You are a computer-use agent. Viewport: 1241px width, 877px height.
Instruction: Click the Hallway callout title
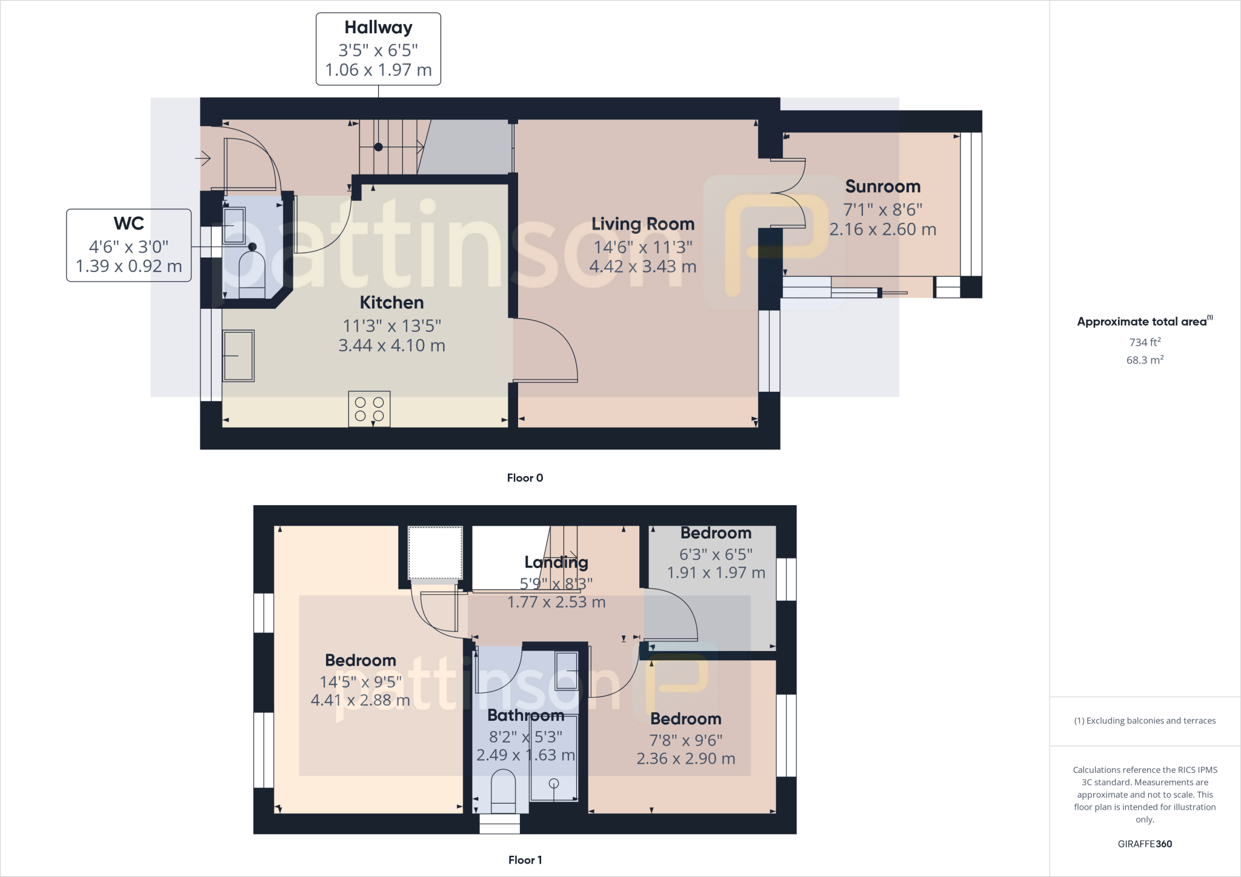378,28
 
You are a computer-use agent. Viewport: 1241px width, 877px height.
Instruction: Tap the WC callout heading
128,223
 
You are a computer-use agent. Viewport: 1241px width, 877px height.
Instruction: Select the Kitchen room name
391,302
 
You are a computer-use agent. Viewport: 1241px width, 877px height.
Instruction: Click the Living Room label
642,224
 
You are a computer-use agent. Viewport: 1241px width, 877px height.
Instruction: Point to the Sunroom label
882,187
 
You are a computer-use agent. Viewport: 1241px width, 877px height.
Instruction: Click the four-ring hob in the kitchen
369,409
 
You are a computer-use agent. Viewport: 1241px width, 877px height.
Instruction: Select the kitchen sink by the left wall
239,356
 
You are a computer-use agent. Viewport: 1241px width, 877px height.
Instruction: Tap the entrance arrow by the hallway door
203,159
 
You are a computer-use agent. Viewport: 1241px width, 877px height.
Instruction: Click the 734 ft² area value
1144,342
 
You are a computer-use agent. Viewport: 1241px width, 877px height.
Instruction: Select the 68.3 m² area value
1144,360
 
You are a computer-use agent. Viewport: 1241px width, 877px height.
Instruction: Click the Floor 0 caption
525,478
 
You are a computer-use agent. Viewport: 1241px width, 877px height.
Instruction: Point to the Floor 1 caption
525,860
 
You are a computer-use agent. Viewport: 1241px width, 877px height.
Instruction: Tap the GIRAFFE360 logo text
1144,844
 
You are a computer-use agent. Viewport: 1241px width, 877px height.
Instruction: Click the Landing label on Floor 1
556,563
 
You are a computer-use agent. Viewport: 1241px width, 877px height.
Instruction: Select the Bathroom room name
525,715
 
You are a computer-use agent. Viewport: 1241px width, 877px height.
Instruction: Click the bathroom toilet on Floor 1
502,790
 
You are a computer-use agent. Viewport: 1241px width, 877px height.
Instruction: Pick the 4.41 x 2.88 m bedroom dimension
360,700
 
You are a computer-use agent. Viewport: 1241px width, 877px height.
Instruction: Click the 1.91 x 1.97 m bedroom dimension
716,572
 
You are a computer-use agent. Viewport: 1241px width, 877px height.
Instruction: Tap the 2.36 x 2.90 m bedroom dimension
685,758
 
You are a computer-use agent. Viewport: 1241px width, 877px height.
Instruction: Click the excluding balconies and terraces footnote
1144,721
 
